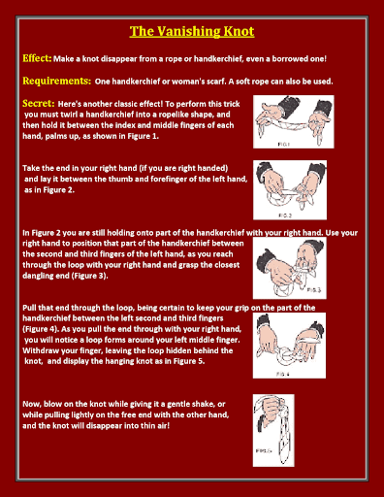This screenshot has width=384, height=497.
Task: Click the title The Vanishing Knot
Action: pyautogui.click(x=192, y=31)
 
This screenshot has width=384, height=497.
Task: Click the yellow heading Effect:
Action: pyautogui.click(x=37, y=58)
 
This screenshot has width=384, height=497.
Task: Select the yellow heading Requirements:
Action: pyautogui.click(x=57, y=81)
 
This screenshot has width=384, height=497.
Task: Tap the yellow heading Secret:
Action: pyautogui.click(x=39, y=103)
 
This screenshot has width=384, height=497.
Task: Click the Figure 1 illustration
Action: pyautogui.click(x=294, y=121)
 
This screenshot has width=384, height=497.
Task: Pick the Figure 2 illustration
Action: pyautogui.click(x=290, y=190)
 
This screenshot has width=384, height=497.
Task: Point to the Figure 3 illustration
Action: pyautogui.click(x=290, y=268)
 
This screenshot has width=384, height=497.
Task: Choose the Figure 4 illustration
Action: pyautogui.click(x=289, y=346)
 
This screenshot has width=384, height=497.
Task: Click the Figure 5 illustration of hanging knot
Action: pyautogui.click(x=273, y=430)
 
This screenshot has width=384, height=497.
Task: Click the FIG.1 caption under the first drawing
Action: pyautogui.click(x=283, y=145)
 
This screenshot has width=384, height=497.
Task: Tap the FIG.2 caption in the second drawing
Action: pyautogui.click(x=285, y=215)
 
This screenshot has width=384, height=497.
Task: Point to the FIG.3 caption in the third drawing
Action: pyautogui.click(x=314, y=290)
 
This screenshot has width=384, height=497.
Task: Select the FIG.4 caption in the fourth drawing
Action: pyautogui.click(x=283, y=374)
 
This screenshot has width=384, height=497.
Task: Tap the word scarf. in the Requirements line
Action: pyautogui.click(x=215, y=82)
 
